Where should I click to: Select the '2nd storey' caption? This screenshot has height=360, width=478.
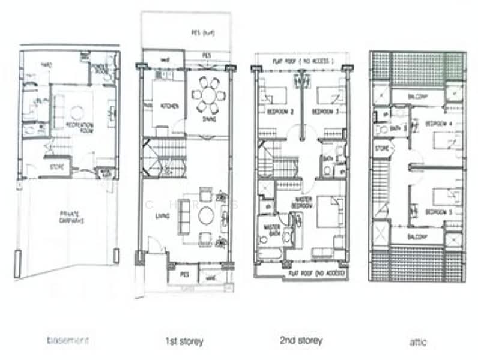pyautogui.click(x=300, y=341)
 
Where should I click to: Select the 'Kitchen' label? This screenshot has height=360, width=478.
pyautogui.click(x=169, y=106)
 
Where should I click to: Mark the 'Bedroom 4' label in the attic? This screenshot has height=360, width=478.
pyautogui.click(x=437, y=124)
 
